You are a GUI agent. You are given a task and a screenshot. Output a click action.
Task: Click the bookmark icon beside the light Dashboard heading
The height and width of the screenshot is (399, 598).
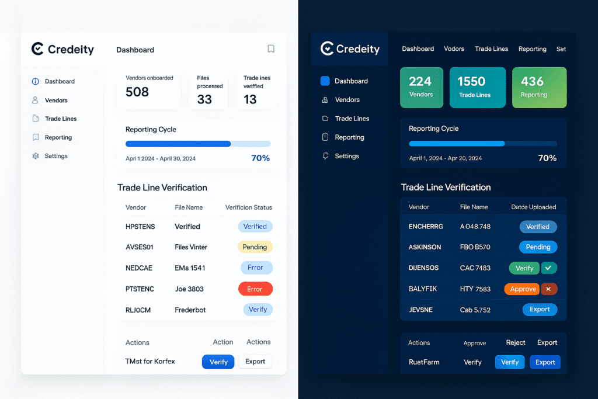271,49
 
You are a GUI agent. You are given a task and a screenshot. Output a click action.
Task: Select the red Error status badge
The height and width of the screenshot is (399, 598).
255,289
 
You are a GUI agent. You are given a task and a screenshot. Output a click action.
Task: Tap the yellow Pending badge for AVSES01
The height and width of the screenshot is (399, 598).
255,247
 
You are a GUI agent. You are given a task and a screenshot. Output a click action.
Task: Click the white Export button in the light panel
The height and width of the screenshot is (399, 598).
255,362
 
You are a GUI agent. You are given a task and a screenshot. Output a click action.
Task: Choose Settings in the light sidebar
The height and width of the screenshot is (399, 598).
56,156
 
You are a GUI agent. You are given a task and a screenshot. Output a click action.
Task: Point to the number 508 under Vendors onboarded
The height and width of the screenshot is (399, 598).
137,92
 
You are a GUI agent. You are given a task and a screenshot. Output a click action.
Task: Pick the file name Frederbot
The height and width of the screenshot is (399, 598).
190,310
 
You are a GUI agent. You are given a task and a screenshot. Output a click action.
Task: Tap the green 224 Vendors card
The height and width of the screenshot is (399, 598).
421,87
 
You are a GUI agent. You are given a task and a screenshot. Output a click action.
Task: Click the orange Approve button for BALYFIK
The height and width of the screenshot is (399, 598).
523,289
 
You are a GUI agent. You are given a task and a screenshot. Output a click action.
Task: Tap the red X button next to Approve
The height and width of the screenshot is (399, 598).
548,289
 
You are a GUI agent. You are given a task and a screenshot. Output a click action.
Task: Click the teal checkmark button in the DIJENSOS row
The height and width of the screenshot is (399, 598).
548,268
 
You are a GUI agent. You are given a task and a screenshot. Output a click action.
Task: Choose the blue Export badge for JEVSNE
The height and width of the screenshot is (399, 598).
539,310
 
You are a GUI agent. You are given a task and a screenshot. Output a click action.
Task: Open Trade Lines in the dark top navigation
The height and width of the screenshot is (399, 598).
491,49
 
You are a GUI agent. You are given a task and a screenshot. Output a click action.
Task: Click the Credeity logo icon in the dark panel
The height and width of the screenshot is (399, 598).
327,48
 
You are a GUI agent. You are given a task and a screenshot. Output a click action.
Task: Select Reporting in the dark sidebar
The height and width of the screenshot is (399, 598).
349,137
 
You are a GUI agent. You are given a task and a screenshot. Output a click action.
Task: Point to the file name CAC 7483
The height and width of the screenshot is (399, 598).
475,268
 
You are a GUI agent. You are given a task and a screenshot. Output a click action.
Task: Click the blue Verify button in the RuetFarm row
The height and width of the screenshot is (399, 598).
509,362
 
